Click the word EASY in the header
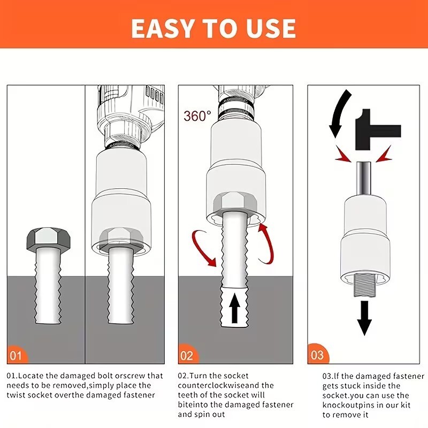[x=163, y=28]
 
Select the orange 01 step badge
[x=17, y=354]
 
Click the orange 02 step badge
[x=188, y=354]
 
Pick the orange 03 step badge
[x=317, y=354]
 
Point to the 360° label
[x=197, y=116]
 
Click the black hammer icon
[x=378, y=129]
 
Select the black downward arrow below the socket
[x=364, y=318]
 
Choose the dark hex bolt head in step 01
[x=48, y=239]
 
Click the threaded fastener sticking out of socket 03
[x=365, y=285]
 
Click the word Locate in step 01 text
[x=31, y=376]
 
